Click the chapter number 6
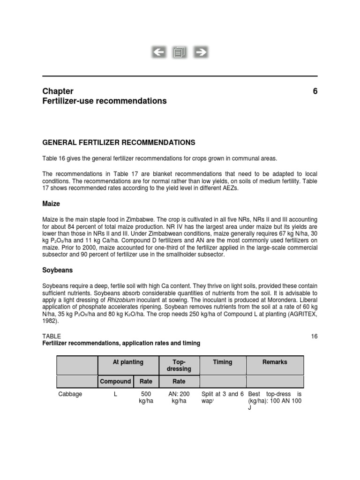pos(315,91)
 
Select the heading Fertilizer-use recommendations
pos(104,101)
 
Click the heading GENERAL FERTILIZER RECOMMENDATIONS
pos(119,142)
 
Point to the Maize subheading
pos(52,204)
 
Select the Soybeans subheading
pos(58,270)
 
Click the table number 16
pos(314,336)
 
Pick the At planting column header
pos(128,362)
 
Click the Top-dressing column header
pos(180,366)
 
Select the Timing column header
pos(222,362)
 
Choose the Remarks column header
pos(275,362)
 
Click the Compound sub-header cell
pos(115,382)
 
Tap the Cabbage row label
pos(70,394)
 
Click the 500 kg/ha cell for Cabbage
pos(146,398)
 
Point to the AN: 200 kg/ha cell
pos(179,398)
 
